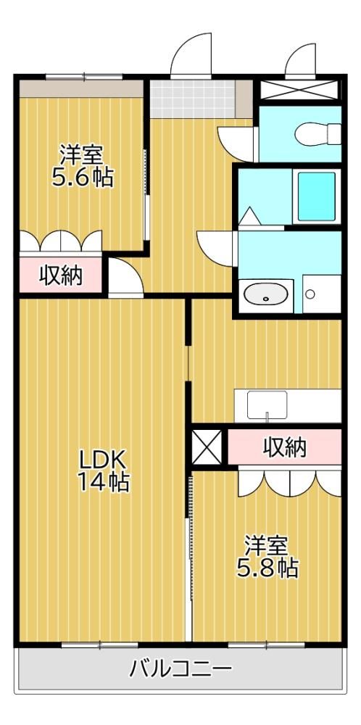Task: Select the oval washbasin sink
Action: (266, 294)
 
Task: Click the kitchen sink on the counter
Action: (267, 405)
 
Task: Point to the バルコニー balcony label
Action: (180, 668)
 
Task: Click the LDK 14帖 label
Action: (103, 471)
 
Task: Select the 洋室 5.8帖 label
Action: (267, 557)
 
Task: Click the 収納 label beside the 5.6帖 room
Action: (61, 276)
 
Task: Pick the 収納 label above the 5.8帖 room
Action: (285, 447)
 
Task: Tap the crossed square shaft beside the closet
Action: (207, 447)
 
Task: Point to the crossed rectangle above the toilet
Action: (299, 90)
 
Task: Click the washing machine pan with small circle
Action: (322, 294)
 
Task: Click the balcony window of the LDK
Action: (100, 644)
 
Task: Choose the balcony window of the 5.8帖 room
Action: (266, 644)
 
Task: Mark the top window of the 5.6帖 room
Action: (84, 77)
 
